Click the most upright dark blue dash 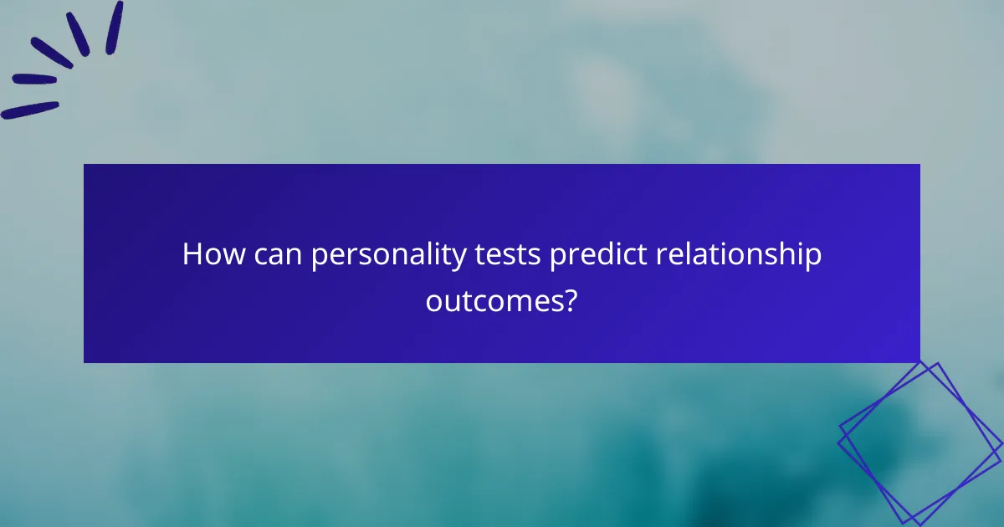point(115,27)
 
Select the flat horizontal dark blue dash point(34,79)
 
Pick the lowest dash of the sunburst point(30,110)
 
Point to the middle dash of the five point(52,53)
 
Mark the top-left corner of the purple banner point(84,164)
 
